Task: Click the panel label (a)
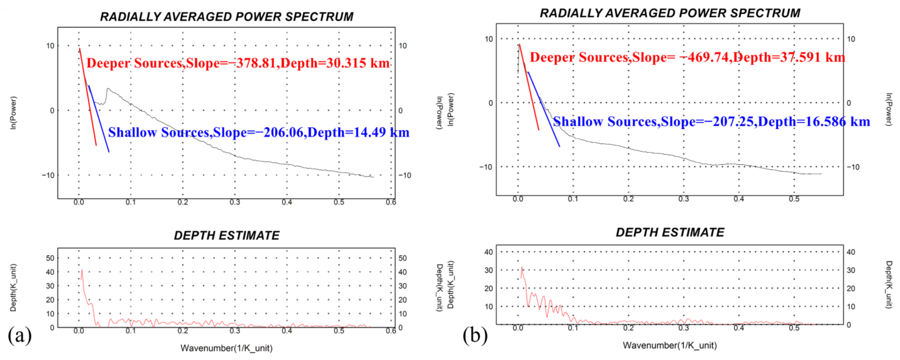pyautogui.click(x=19, y=335)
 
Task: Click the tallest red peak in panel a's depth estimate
pyautogui.click(x=82, y=270)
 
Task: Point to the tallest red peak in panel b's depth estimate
pyautogui.click(x=522, y=267)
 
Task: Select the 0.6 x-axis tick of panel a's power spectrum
pyautogui.click(x=391, y=202)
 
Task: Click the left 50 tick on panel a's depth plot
pyautogui.click(x=50, y=258)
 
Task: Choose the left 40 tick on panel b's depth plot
pyautogui.click(x=488, y=252)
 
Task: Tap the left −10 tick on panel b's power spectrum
pyautogui.click(x=486, y=167)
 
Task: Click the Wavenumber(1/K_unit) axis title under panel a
pyautogui.click(x=226, y=348)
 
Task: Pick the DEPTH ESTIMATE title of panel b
pyautogui.click(x=670, y=232)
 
